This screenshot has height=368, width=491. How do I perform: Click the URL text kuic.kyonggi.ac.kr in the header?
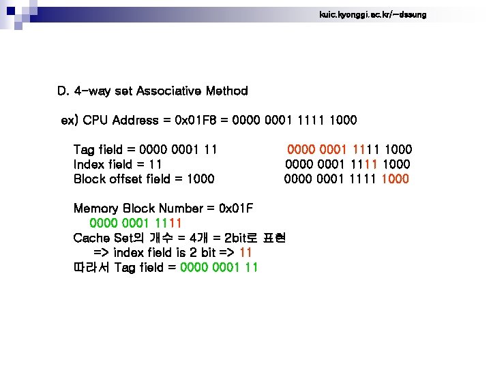[x=372, y=14]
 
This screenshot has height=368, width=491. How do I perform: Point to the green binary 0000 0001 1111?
[x=135, y=223]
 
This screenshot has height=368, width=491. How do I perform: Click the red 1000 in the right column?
[x=396, y=179]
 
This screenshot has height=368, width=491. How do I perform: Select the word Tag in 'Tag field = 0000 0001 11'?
[x=84, y=149]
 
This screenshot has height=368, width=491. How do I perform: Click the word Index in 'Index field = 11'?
[x=89, y=164]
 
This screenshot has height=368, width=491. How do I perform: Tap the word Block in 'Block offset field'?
[x=89, y=179]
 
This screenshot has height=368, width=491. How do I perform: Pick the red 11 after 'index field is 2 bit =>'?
[x=246, y=253]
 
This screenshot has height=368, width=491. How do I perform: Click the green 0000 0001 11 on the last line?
[x=219, y=267]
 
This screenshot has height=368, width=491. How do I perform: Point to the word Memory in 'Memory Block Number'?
[x=95, y=209]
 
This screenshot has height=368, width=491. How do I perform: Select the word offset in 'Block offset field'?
[x=128, y=179]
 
